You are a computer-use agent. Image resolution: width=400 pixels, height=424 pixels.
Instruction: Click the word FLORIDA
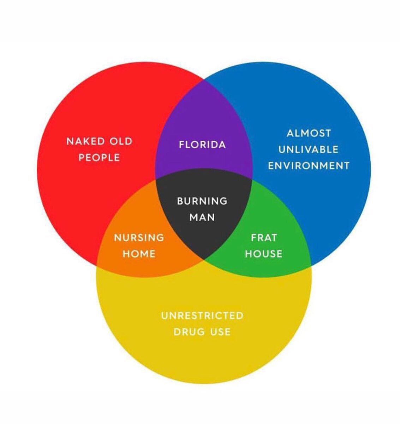click(202, 145)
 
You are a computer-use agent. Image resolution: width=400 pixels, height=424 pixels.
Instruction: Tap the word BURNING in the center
click(202, 201)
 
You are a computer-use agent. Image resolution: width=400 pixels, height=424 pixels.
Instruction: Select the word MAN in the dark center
click(202, 217)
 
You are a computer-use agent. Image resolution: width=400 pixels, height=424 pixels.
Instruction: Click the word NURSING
click(139, 237)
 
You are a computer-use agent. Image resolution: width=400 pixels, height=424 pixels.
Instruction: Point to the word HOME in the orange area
click(139, 254)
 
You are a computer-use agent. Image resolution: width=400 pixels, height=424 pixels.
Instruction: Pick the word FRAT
click(264, 237)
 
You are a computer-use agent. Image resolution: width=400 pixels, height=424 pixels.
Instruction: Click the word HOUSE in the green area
click(264, 254)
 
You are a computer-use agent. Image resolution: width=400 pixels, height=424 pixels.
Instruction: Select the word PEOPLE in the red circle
click(99, 158)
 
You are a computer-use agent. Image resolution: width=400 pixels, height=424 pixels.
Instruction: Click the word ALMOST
click(309, 133)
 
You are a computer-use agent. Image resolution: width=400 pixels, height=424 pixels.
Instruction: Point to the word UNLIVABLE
click(309, 149)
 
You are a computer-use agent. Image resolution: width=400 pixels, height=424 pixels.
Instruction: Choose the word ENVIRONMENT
click(309, 165)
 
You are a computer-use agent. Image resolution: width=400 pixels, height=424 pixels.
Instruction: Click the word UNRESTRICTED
click(202, 315)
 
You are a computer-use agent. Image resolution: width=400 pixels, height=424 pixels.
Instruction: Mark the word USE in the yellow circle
click(221, 332)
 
